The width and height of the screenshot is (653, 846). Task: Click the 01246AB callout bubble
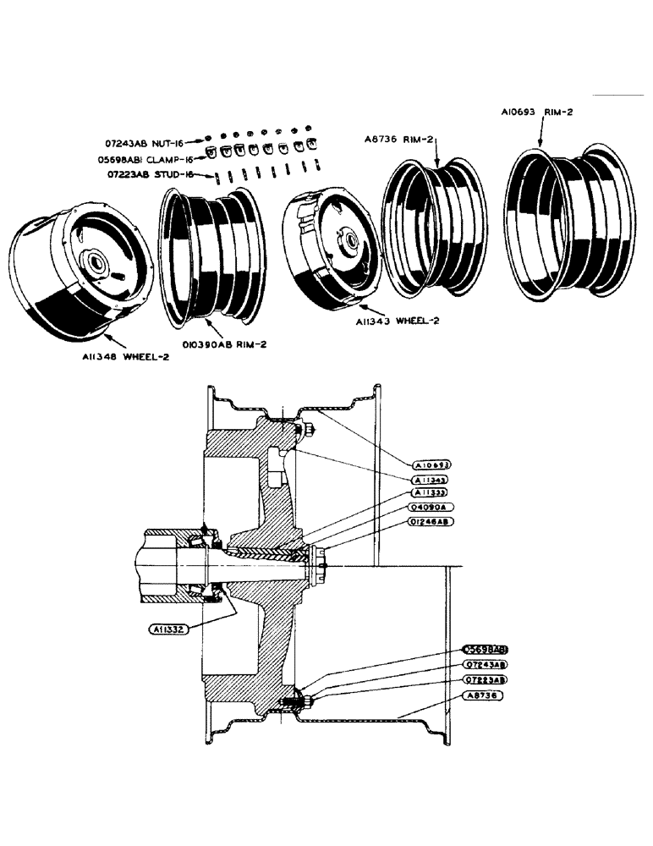(x=432, y=521)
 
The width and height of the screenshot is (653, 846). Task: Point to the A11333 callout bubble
(x=432, y=492)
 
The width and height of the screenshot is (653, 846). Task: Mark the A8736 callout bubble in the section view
(x=483, y=695)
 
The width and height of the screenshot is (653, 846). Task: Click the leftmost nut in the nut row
(x=207, y=139)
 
